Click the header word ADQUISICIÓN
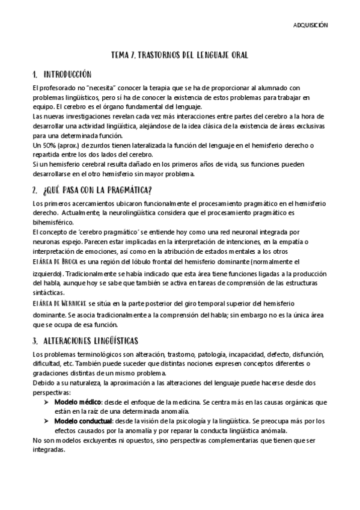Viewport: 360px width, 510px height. click(x=310, y=26)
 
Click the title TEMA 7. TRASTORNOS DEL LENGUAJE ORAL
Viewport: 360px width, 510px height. click(x=180, y=55)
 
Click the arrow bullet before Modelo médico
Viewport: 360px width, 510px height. click(x=46, y=401)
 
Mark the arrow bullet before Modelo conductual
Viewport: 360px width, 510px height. click(x=46, y=422)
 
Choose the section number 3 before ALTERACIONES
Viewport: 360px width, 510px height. click(x=35, y=340)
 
